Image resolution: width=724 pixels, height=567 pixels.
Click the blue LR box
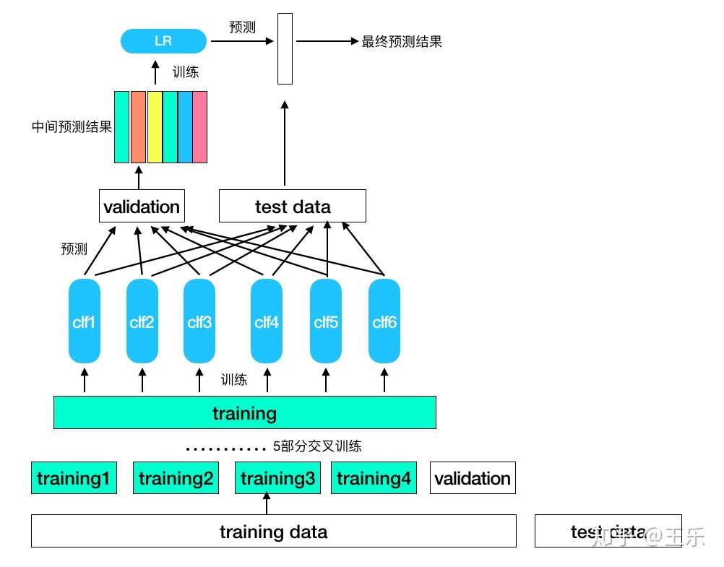tap(163, 40)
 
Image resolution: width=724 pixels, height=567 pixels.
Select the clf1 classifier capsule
tap(84, 321)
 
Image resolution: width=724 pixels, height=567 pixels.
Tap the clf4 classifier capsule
tap(267, 321)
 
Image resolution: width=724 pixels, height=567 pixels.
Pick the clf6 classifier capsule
tap(384, 321)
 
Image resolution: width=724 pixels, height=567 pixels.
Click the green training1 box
tap(74, 478)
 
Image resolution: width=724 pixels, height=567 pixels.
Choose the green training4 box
tap(374, 478)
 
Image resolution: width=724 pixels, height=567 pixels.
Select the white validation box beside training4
tap(473, 478)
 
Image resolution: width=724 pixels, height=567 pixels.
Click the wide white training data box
tap(273, 532)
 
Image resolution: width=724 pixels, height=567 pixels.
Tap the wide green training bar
tap(244, 412)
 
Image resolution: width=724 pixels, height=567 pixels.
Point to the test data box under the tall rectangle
tap(292, 207)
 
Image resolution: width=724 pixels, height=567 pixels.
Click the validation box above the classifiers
tap(141, 207)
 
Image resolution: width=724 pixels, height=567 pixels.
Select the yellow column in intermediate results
tap(155, 127)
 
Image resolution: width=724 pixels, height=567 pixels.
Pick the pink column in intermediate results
tap(199, 127)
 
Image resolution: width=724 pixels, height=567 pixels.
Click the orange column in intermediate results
tap(138, 127)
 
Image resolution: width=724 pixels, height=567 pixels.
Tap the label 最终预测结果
tap(401, 41)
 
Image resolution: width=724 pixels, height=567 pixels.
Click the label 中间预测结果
tap(72, 127)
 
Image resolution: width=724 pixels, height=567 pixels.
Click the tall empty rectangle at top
tap(285, 48)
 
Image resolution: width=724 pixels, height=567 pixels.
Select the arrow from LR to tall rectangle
tap(242, 41)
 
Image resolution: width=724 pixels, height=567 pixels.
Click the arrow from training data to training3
tap(267, 504)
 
